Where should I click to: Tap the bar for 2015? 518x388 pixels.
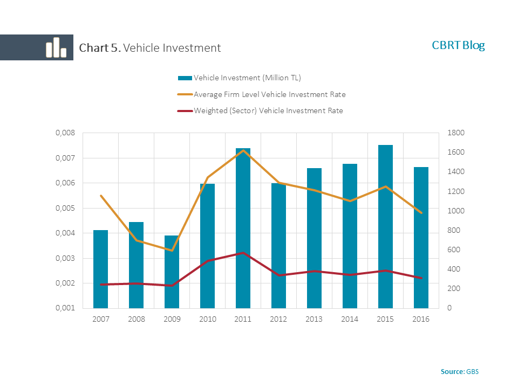385,226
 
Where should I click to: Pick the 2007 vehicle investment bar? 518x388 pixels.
100,269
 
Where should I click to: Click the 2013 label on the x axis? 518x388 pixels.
314,319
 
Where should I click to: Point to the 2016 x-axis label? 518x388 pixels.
421,319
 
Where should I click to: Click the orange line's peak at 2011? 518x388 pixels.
243,150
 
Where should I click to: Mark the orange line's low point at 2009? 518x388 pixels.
172,251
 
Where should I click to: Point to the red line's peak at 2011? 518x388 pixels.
243,253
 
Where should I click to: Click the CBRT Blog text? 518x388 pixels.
458,45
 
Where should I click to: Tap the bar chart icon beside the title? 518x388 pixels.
56,47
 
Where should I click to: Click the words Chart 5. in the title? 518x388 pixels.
100,48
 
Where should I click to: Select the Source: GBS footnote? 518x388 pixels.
459,372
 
